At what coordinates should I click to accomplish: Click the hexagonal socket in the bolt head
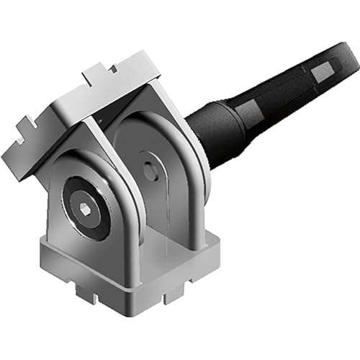tap(85, 209)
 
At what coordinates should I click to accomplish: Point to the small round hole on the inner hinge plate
tap(149, 172)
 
